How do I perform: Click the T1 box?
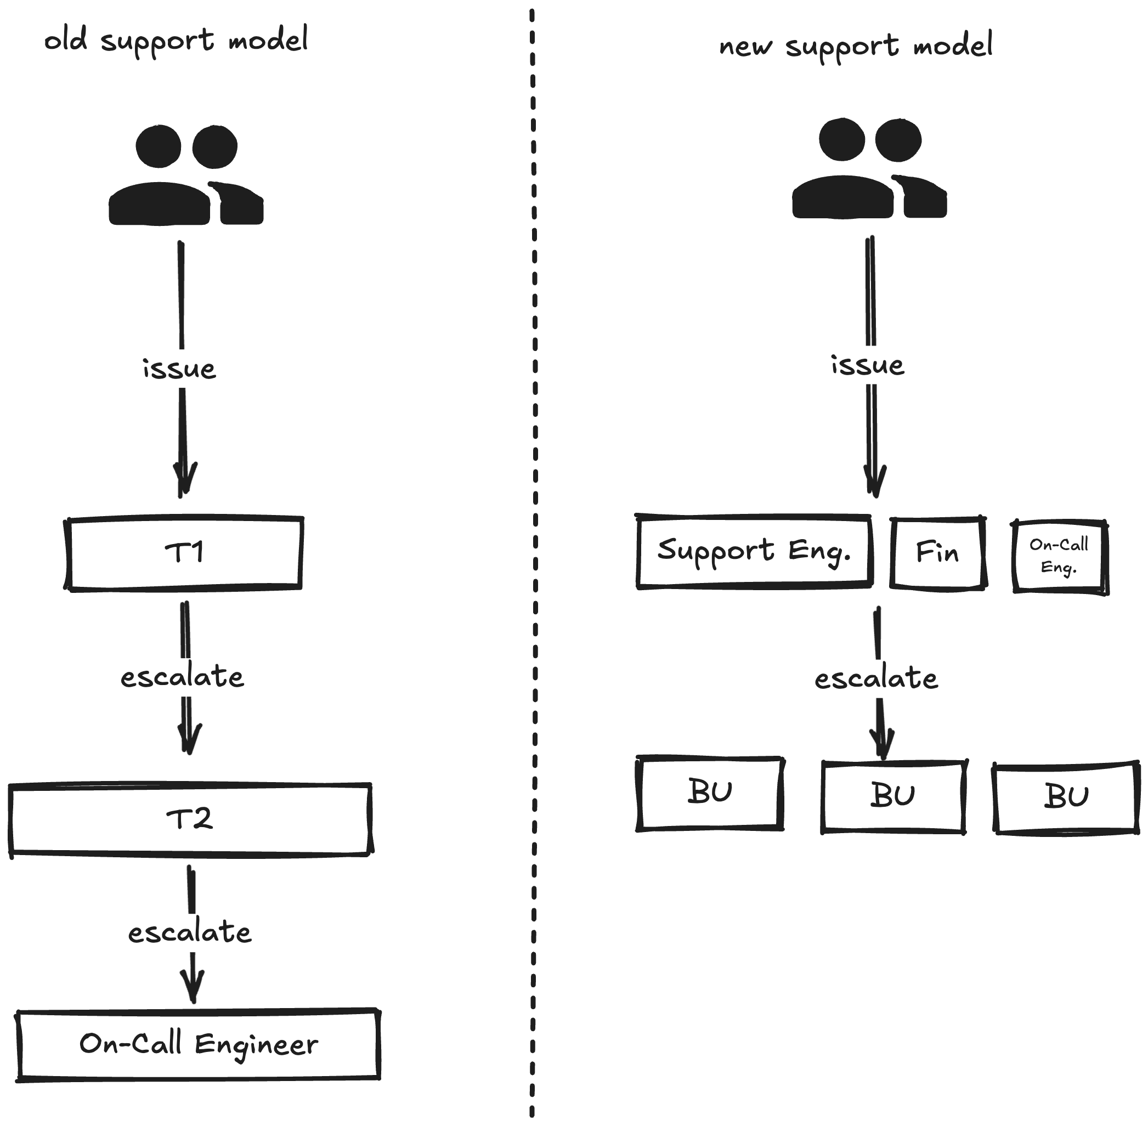[184, 553]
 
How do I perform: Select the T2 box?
[190, 819]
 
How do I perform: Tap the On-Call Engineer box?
[198, 1045]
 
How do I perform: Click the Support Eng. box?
[754, 551]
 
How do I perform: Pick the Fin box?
[937, 553]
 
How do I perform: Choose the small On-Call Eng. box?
[1059, 556]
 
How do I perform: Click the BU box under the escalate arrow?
[893, 796]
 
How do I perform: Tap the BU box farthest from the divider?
[1067, 797]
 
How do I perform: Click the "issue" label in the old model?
[180, 369]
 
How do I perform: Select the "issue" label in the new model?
[868, 365]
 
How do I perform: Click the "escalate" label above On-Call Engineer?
[190, 932]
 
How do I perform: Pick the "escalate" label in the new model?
[876, 679]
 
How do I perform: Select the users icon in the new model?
[869, 169]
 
